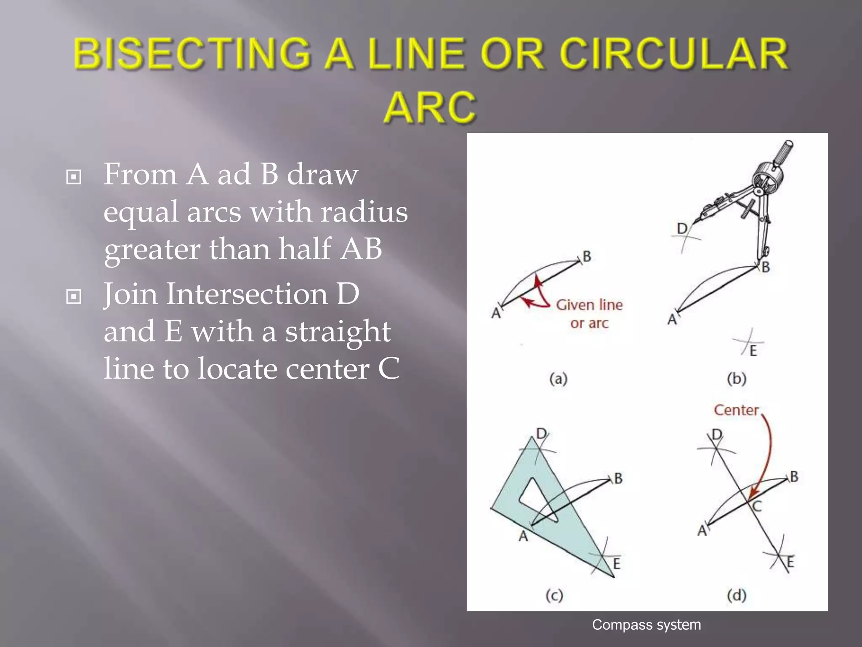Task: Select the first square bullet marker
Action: tap(74, 177)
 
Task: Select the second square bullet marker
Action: tap(74, 297)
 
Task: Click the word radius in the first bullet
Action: tap(364, 211)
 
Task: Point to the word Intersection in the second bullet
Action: tap(247, 294)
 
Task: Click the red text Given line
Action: tap(589, 305)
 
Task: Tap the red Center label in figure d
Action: tap(736, 410)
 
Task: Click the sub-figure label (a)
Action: tap(559, 379)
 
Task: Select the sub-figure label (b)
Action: tap(737, 379)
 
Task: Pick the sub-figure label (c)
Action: tap(554, 595)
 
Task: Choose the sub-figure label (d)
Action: tap(737, 595)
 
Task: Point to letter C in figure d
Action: tap(757, 506)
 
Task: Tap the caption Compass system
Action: tap(646, 625)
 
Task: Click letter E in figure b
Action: tap(753, 351)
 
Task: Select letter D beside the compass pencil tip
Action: tap(682, 228)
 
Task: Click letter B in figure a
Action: tap(587, 256)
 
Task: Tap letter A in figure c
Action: tap(523, 536)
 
